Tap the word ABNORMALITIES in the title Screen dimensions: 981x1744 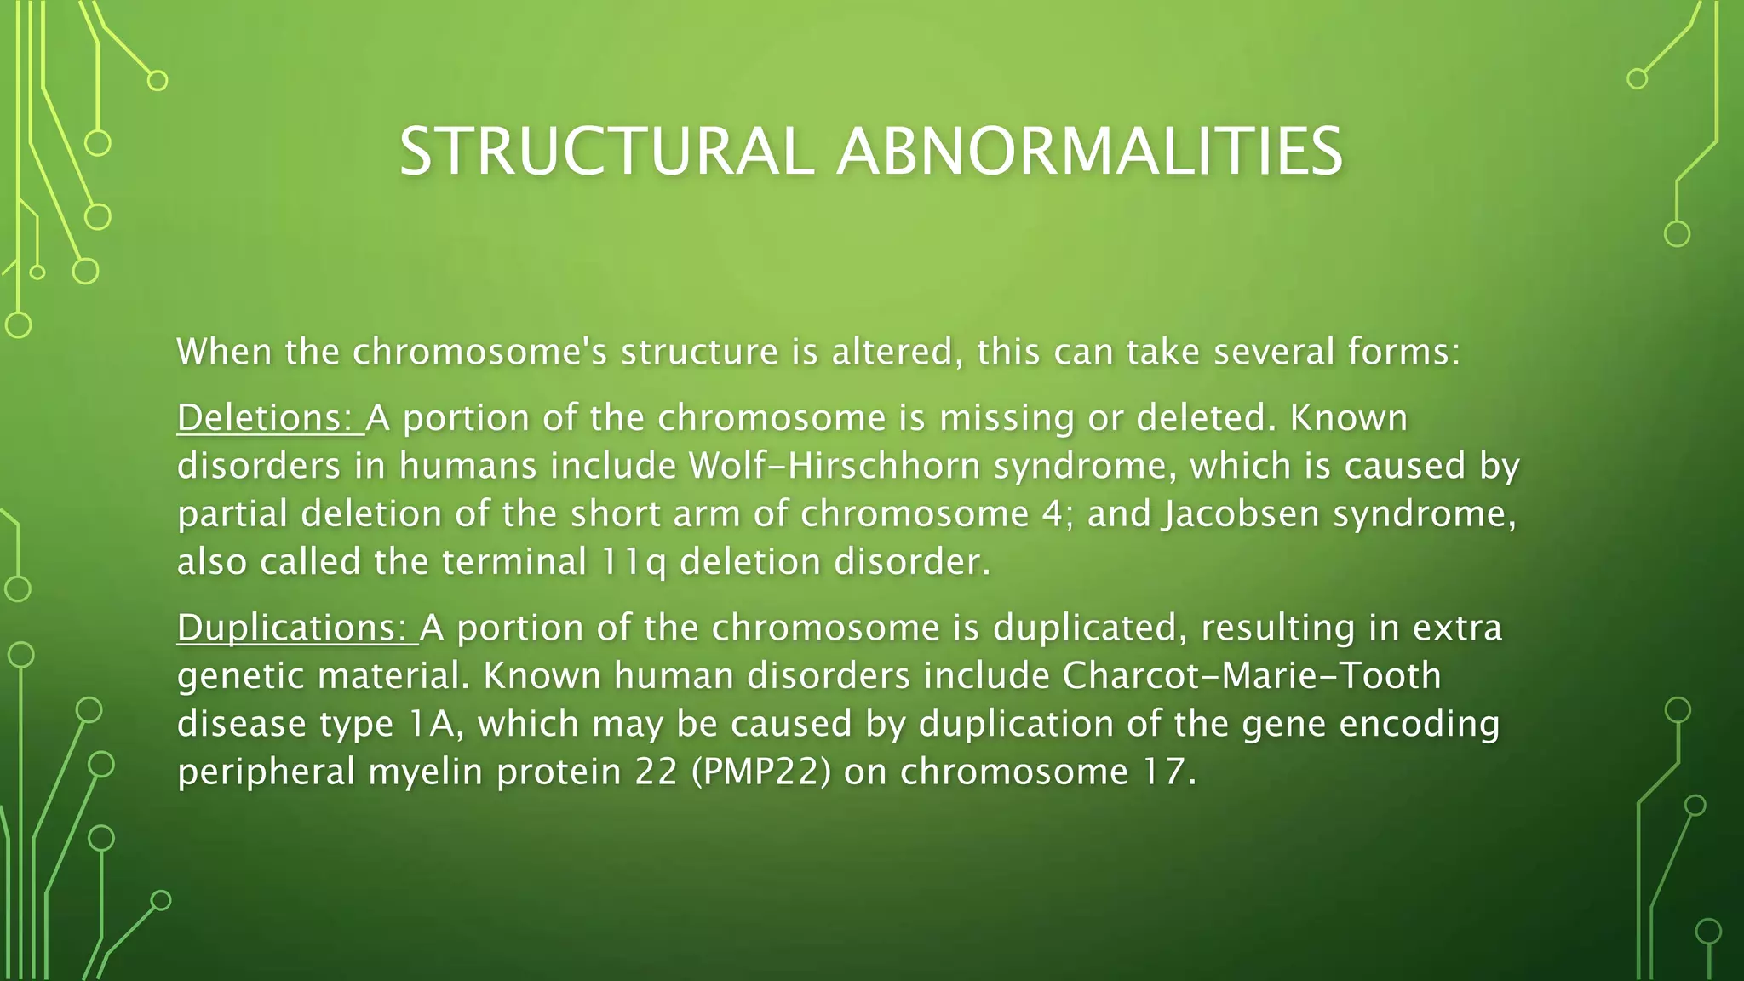pos(1089,152)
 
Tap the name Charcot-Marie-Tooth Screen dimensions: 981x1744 pos(1251,675)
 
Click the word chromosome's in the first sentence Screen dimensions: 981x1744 pos(479,352)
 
